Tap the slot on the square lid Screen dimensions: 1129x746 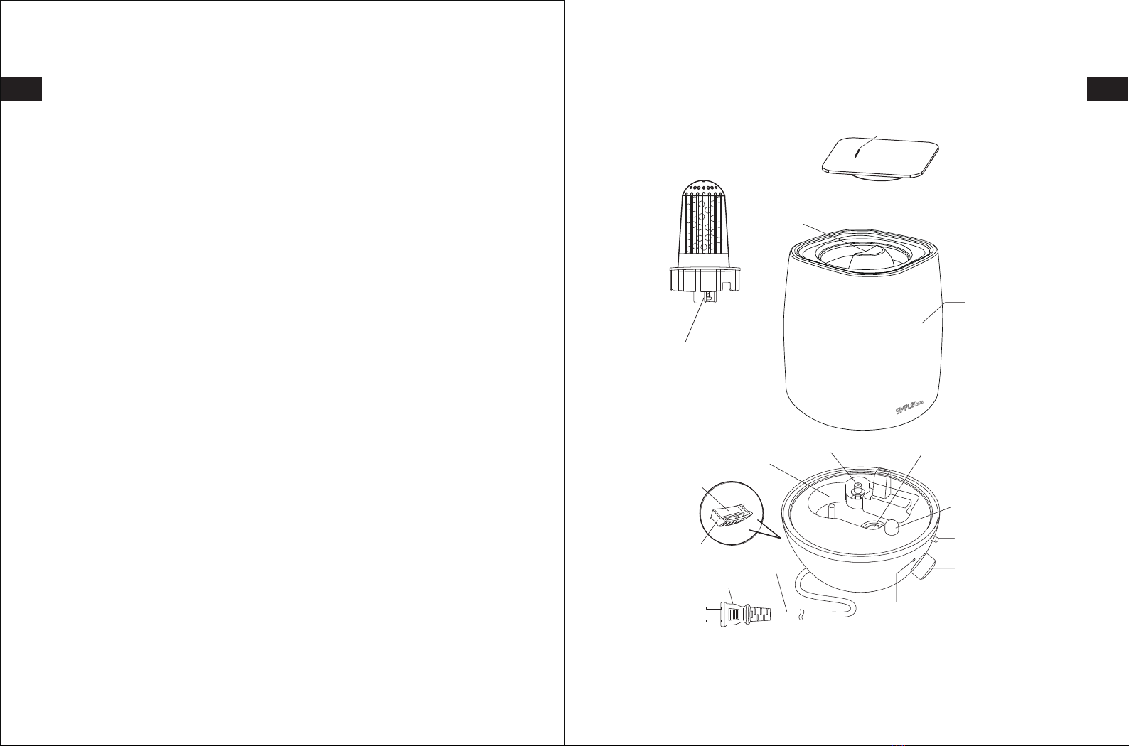[857, 153]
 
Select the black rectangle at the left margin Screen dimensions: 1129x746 [21, 89]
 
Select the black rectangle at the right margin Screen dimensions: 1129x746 [1108, 89]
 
